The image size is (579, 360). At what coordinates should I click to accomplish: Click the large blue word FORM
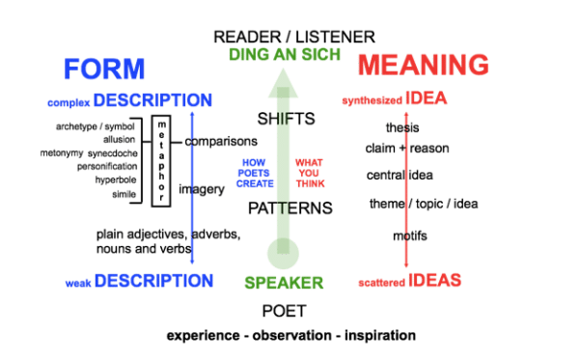pos(104,69)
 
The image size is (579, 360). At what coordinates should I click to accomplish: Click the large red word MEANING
pos(424,65)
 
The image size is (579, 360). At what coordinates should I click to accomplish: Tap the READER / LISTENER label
pos(293,37)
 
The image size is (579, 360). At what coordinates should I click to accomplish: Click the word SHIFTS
pos(286,119)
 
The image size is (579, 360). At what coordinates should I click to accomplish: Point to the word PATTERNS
pos(290,208)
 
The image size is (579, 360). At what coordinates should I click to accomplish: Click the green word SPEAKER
pos(284,283)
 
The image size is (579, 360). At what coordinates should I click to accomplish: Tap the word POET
pos(284,311)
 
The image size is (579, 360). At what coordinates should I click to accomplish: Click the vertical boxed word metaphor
pos(161,160)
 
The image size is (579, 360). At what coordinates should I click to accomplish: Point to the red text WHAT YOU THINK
pos(311,173)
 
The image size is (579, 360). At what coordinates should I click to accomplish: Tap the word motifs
pos(403,235)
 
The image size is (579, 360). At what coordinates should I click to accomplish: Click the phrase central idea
pos(400,176)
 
